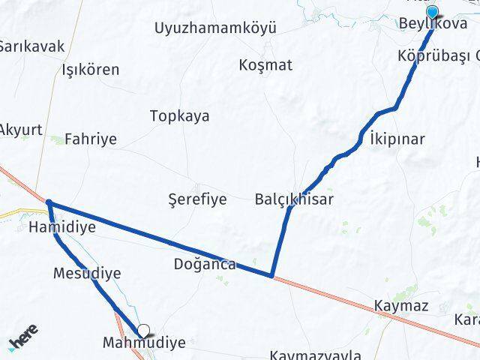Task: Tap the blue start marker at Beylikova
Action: click(x=433, y=11)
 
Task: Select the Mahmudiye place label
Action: click(x=144, y=343)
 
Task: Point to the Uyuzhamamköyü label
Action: click(x=215, y=28)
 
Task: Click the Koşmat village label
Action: click(x=265, y=64)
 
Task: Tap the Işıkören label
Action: click(x=91, y=70)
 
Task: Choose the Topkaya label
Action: click(x=180, y=116)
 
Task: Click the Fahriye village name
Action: click(x=91, y=139)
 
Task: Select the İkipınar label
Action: click(x=397, y=139)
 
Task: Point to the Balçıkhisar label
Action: click(x=294, y=199)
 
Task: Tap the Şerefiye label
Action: click(x=196, y=199)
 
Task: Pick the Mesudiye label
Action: click(x=87, y=273)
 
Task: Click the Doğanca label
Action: click(x=205, y=264)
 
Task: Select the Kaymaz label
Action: click(x=400, y=306)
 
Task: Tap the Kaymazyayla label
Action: click(x=315, y=354)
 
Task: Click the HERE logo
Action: click(x=25, y=338)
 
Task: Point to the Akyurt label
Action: click(x=19, y=127)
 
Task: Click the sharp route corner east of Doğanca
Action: click(x=271, y=275)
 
